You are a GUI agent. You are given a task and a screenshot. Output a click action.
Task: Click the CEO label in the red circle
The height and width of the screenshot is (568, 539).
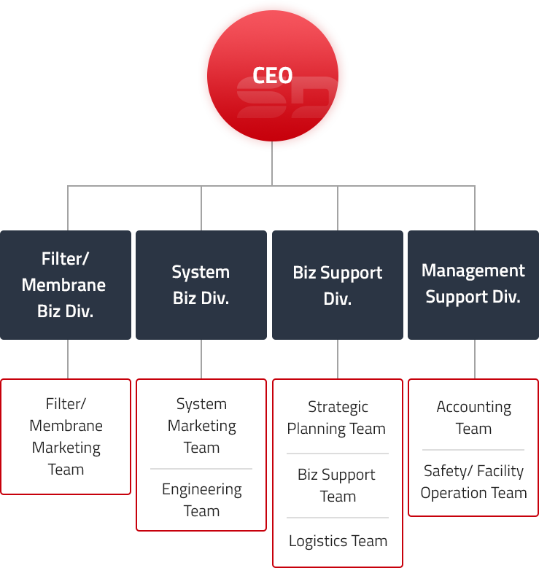click(x=272, y=75)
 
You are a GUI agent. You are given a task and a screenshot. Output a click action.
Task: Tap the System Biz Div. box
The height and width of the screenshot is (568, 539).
click(x=201, y=284)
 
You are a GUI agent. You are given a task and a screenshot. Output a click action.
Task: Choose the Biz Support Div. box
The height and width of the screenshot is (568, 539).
click(x=337, y=285)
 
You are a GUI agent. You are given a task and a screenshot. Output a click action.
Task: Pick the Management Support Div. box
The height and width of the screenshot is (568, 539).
click(x=473, y=284)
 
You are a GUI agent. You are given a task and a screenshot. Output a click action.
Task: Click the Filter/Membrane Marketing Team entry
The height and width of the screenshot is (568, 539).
click(x=66, y=436)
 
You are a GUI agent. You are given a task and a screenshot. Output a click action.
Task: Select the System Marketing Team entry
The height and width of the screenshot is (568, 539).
click(x=201, y=426)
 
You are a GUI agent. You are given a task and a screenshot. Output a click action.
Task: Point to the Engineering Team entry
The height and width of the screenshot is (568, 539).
click(x=201, y=499)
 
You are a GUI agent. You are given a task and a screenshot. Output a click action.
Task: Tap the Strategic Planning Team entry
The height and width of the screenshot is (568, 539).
click(x=337, y=418)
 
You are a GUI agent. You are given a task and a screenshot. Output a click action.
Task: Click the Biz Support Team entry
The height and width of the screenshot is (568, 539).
click(x=337, y=486)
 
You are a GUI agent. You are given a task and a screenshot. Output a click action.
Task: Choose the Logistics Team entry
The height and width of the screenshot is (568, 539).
click(x=338, y=541)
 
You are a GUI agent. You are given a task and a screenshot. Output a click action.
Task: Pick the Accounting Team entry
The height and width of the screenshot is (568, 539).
click(x=473, y=418)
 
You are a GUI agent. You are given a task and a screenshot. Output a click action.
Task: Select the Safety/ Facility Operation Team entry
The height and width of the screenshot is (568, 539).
click(x=473, y=481)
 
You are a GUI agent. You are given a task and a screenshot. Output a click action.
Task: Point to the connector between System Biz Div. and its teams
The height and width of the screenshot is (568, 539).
click(x=201, y=359)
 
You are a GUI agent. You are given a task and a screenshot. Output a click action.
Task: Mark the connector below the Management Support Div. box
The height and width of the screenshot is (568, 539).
click(x=473, y=359)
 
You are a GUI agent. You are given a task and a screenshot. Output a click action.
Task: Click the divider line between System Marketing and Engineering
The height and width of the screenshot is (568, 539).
click(x=201, y=468)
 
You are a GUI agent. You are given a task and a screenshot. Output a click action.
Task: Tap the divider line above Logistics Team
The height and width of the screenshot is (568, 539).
click(x=338, y=518)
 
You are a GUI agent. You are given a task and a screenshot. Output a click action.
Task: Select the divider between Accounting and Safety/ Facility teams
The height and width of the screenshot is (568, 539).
click(x=473, y=450)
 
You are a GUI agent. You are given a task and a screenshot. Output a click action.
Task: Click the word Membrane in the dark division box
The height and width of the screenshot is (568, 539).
click(x=64, y=285)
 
